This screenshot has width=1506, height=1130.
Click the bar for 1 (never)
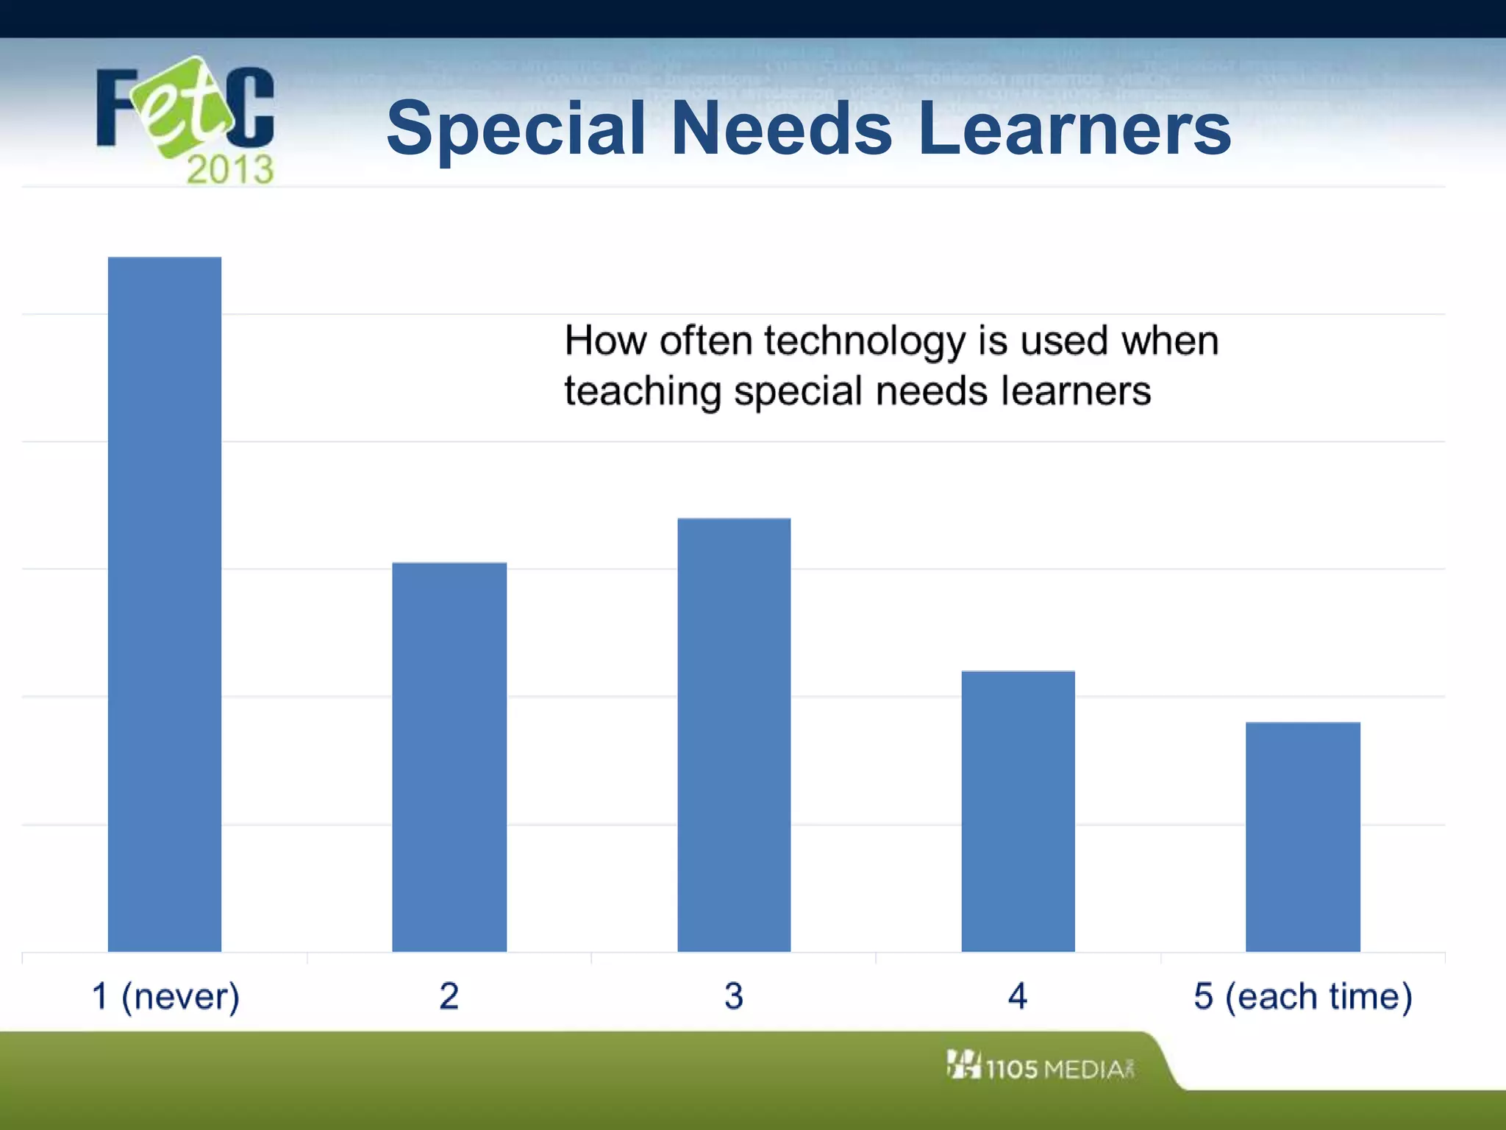pos(165,603)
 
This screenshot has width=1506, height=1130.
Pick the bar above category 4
pos(1018,811)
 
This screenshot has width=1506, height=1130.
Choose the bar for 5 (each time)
pos(1302,836)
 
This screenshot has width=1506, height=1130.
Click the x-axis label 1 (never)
pos(165,997)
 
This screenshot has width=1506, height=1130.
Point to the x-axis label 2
pos(449,997)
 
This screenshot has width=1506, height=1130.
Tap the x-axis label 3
pos(734,997)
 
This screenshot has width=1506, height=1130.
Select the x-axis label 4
pos(1018,997)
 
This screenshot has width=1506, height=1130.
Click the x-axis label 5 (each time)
pos(1302,997)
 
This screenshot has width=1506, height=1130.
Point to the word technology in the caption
pos(864,342)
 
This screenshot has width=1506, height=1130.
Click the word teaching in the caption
pos(643,391)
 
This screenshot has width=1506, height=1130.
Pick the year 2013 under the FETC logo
pos(230,170)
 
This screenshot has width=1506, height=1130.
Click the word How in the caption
pos(606,341)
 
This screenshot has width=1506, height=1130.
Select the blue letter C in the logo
pos(251,107)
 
